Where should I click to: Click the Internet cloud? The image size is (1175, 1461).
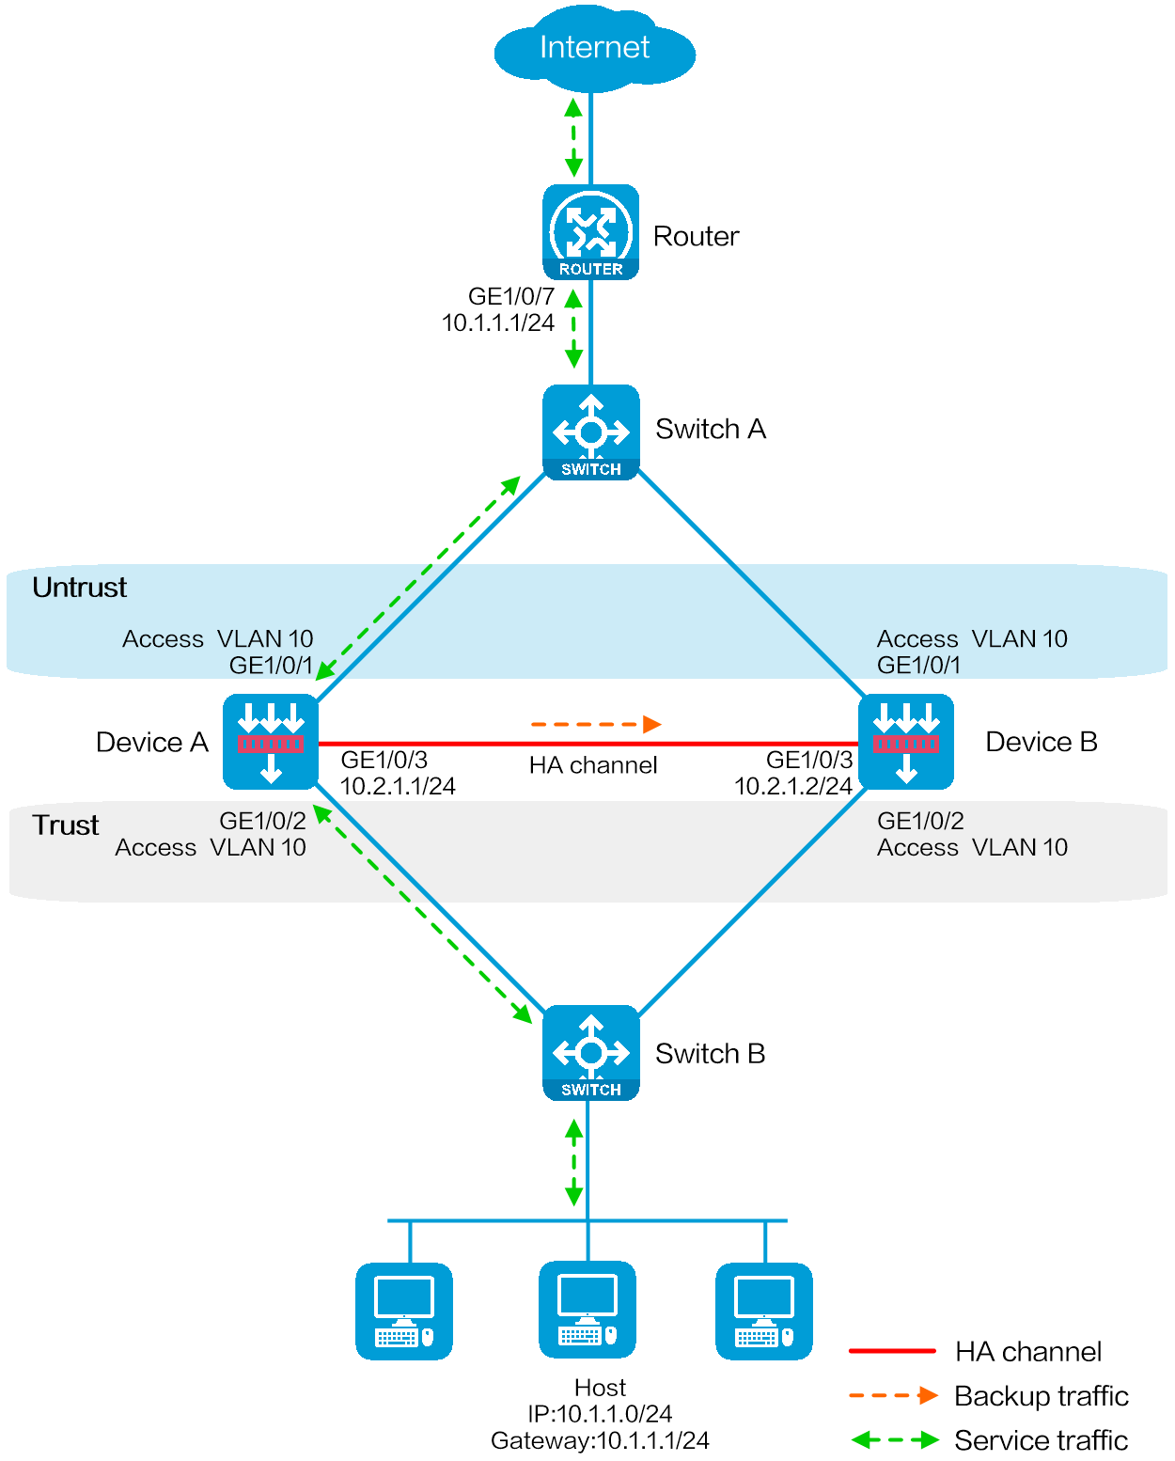click(x=594, y=50)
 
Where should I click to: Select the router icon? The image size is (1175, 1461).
click(x=590, y=232)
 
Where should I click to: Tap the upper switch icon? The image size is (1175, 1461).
click(x=590, y=432)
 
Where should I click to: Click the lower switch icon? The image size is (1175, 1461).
click(x=590, y=1053)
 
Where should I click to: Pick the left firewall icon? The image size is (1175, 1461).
click(x=271, y=742)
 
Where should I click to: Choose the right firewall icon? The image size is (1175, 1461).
click(x=906, y=742)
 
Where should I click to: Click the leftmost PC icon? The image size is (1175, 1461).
click(x=404, y=1311)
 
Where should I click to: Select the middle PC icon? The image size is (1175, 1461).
click(x=587, y=1310)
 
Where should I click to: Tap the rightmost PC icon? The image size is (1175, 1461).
click(x=764, y=1311)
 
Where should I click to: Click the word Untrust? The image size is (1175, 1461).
click(x=79, y=588)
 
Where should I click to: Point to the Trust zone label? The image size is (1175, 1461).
click(x=65, y=825)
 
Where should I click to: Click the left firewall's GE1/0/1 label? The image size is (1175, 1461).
click(x=271, y=666)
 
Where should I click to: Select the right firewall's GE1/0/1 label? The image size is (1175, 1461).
click(x=918, y=666)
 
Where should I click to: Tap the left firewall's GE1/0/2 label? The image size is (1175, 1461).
click(x=262, y=821)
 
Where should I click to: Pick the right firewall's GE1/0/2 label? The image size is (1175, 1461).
click(x=920, y=821)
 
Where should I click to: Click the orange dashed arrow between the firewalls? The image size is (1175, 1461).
click(x=596, y=724)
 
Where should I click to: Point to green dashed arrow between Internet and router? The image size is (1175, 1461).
click(x=573, y=137)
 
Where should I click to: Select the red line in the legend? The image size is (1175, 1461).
click(x=892, y=1351)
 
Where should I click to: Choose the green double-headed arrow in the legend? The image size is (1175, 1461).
click(x=895, y=1439)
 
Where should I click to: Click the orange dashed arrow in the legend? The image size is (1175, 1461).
click(x=893, y=1395)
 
